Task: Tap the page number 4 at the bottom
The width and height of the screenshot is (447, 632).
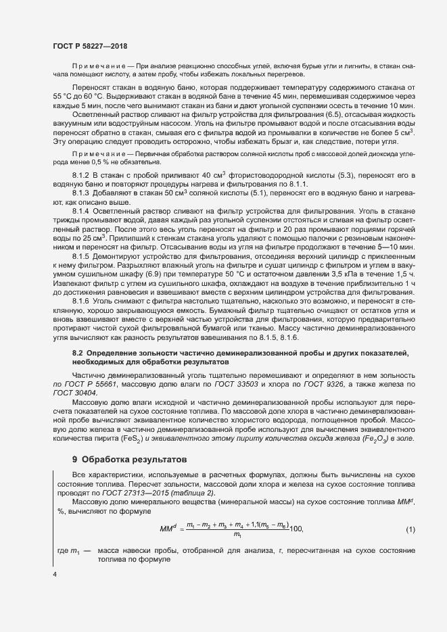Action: point(55,574)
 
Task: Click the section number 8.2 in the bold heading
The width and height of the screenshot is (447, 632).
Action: point(78,354)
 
